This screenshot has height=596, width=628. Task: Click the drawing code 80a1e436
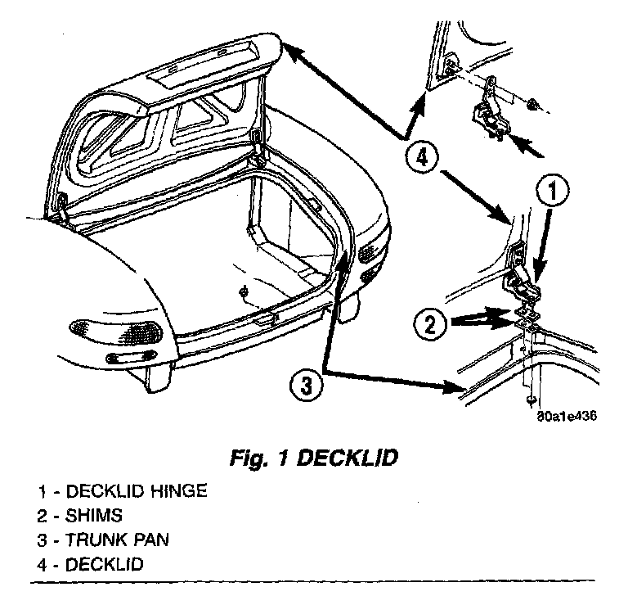coord(565,414)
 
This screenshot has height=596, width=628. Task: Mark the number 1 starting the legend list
coord(40,491)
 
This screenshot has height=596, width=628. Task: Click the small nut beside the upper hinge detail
coord(532,104)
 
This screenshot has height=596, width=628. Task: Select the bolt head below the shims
coord(531,399)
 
